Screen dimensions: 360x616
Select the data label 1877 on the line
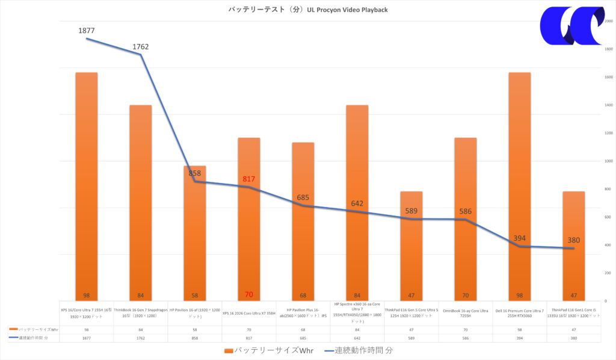pos(86,30)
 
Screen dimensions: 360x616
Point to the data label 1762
pos(141,46)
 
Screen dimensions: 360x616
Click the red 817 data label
pos(249,179)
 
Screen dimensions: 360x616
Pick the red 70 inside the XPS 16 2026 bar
pos(249,295)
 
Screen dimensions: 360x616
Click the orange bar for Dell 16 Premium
pos(520,181)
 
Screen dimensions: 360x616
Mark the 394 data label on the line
pos(520,238)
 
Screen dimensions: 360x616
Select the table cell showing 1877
pos(86,338)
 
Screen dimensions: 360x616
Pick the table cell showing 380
pos(574,338)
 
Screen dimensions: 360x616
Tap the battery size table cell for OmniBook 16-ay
pos(466,329)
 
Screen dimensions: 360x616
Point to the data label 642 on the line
pos(357,203)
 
